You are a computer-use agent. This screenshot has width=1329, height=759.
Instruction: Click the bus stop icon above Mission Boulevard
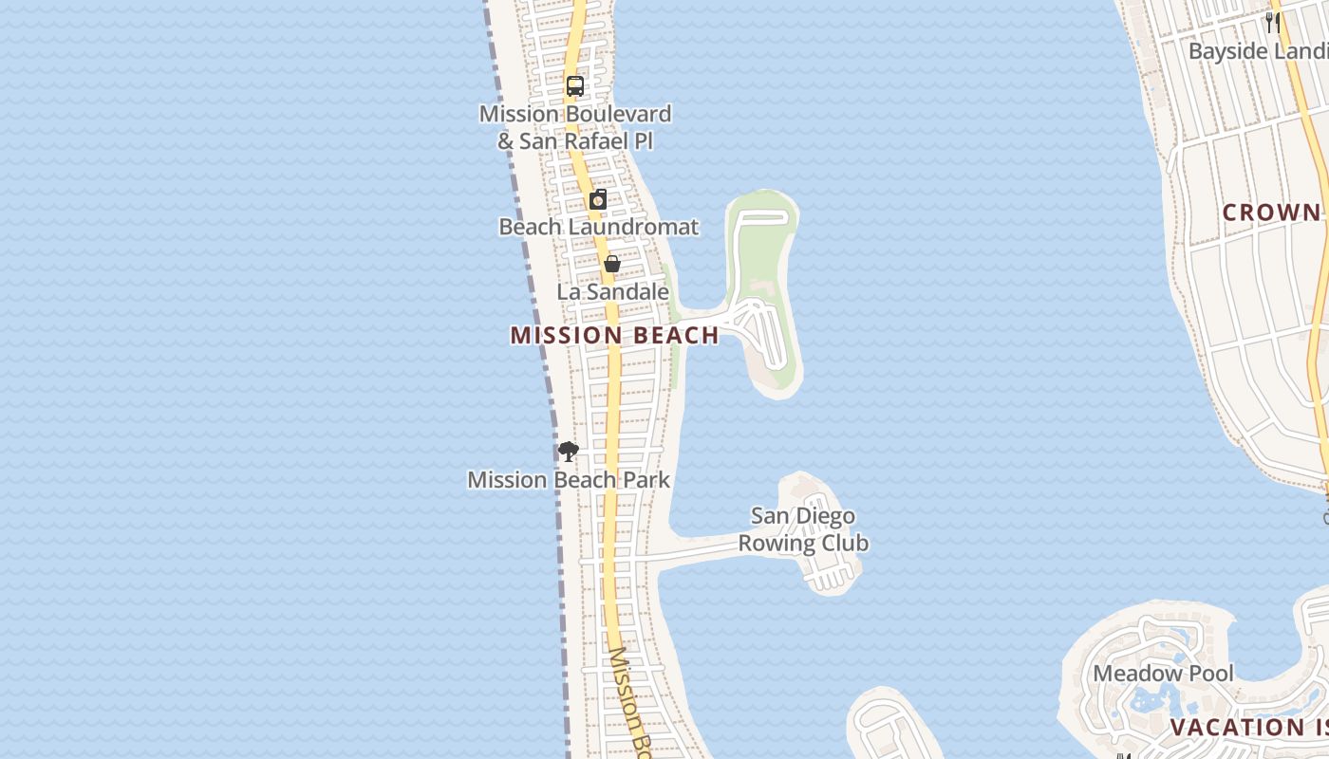pos(574,85)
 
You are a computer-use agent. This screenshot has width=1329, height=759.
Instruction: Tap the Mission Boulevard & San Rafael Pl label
pos(574,127)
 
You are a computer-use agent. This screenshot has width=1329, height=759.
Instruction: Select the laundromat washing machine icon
pos(598,199)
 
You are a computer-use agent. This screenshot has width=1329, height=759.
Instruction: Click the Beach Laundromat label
pos(598,228)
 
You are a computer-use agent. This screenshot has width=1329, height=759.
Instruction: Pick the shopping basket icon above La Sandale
pos(612,264)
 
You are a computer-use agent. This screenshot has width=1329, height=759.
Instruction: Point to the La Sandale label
pos(612,292)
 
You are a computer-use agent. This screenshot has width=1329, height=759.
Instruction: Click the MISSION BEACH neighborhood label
pos(614,335)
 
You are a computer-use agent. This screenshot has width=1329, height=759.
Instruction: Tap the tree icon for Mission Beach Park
pos(569,451)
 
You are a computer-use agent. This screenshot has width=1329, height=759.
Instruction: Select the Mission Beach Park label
pos(569,480)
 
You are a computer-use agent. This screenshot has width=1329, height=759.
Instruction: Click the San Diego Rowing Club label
pos(803,529)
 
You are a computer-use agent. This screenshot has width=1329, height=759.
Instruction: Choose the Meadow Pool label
pos(1163,674)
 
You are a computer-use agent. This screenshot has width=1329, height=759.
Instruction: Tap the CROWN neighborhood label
pos(1271,213)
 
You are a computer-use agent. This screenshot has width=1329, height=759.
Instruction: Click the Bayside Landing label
pos(1257,51)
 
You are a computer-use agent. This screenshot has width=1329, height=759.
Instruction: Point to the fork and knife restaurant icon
pos(1272,22)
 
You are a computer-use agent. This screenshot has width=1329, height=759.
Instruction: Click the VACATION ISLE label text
pos(1248,728)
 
